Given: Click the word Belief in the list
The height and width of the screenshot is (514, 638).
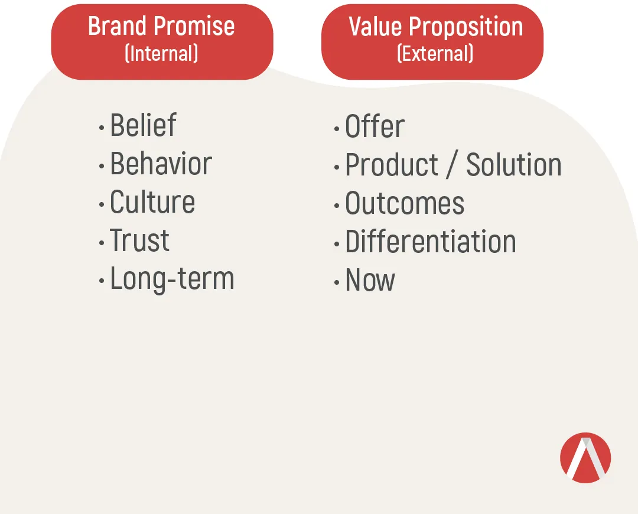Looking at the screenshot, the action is tap(143, 125).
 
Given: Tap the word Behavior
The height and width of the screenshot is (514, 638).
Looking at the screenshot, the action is tap(161, 163).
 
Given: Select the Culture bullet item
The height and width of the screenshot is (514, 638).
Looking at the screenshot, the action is tap(152, 201).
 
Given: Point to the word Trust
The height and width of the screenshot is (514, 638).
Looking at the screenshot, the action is tap(139, 240).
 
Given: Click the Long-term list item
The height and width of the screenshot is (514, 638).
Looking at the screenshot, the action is tap(172, 279).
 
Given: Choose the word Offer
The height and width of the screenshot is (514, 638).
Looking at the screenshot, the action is tap(375, 126).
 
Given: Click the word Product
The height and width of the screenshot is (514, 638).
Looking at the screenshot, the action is tap(392, 164).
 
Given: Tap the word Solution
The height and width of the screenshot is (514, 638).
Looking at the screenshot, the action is tap(514, 164).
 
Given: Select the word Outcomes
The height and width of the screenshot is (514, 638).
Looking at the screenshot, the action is tap(405, 203).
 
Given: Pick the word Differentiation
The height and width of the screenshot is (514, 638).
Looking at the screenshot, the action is tap(431, 241).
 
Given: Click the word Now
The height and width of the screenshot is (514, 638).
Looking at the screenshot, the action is tap(370, 279).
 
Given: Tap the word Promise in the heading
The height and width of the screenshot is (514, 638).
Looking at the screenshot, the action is tap(195, 26).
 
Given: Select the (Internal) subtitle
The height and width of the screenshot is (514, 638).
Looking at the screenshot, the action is tap(161, 53).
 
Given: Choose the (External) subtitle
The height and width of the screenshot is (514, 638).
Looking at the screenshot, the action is tap(435, 53).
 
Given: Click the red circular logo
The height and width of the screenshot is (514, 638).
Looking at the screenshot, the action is tap(585, 458).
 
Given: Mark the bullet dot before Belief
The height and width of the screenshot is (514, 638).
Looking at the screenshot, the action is tap(102, 128).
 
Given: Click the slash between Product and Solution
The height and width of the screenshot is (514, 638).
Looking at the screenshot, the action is tap(453, 164).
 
